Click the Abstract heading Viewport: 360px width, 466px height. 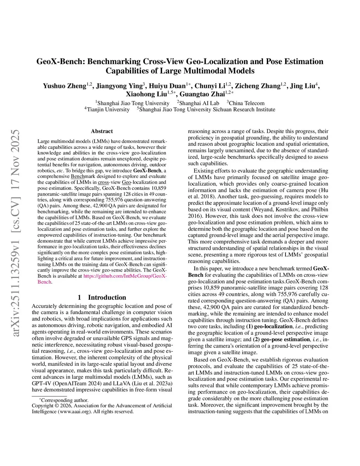tap(102, 131)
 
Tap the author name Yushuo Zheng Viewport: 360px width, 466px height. tap(64, 86)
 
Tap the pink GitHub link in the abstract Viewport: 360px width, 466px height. tap(125, 276)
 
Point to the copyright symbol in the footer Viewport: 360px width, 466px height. tap(57, 406)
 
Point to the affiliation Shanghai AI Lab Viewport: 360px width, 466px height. tap(199, 103)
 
